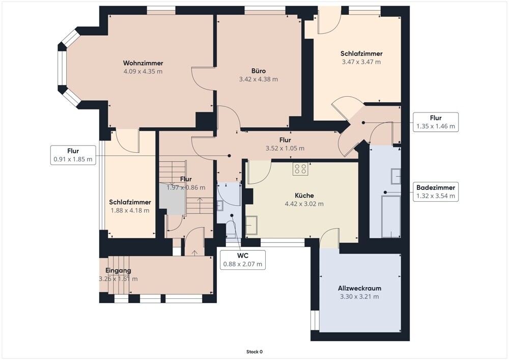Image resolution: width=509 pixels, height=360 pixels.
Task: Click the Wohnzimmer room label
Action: (143, 63)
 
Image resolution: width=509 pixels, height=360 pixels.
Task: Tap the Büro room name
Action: (258, 71)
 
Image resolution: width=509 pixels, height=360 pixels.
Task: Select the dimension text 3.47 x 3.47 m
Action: (361, 62)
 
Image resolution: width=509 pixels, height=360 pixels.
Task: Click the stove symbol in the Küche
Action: (300, 169)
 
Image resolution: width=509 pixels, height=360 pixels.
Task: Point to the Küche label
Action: (304, 196)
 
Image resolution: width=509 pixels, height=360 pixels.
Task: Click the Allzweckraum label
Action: (360, 288)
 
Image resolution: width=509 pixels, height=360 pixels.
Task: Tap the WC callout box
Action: (242, 260)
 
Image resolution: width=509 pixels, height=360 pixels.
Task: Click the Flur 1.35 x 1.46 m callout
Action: (436, 122)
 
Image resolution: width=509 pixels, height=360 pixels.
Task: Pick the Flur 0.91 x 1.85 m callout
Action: (73, 155)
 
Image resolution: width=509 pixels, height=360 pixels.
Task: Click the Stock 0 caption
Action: (254, 352)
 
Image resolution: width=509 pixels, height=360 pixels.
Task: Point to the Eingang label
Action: (118, 270)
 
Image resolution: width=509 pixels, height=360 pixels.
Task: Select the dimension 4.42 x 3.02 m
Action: (304, 204)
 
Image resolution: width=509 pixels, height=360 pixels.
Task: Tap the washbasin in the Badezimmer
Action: (395, 176)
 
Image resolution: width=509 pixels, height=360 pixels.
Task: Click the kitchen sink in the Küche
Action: (251, 225)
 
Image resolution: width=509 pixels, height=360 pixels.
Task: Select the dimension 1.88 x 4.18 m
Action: (130, 210)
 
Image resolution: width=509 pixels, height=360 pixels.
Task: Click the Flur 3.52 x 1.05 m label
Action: (285, 144)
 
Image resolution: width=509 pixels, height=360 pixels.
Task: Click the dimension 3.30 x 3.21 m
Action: (360, 296)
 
